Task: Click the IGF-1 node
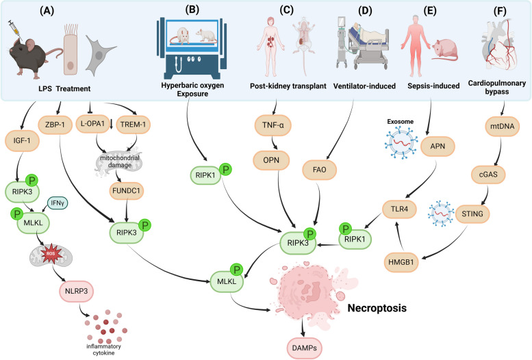pos(22,140)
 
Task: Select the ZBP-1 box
pos(55,125)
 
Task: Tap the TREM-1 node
pos(133,125)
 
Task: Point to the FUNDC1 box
pos(126,191)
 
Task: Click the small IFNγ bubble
pos(58,203)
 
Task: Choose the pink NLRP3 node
pos(76,291)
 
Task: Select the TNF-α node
pos(273,125)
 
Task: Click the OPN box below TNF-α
pos(271,160)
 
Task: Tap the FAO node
pos(319,170)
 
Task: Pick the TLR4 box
pos(399,209)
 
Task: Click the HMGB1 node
pos(401,262)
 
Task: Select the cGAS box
pos(488,175)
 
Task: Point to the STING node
pos(472,214)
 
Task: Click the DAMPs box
pos(304,348)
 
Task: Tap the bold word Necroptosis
pos(377,308)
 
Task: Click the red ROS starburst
pos(51,253)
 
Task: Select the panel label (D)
pos(365,10)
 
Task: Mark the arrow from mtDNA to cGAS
pos(500,151)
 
